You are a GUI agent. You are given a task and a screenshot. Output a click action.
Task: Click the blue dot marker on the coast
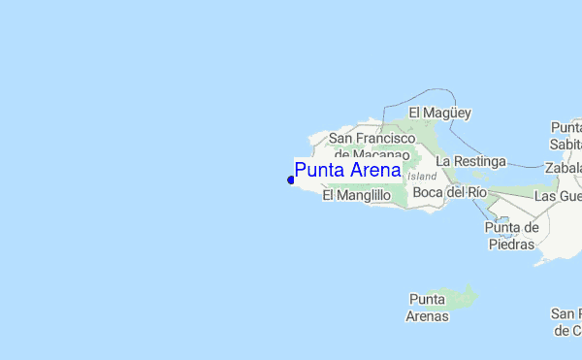[x=291, y=180]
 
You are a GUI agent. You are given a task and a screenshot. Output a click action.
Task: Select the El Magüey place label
[x=439, y=114]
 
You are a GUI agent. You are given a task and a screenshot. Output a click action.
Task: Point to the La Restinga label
[x=470, y=160]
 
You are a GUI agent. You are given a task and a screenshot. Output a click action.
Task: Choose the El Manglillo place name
[x=356, y=195]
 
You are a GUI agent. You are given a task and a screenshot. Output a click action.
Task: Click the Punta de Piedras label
[x=510, y=236]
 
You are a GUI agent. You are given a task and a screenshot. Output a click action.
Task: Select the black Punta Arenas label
[x=428, y=307]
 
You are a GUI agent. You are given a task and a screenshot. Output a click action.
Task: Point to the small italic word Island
[x=422, y=177]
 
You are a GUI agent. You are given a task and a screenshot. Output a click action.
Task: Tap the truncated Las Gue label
[x=558, y=196]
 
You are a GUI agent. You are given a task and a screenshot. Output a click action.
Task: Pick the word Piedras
[x=510, y=245]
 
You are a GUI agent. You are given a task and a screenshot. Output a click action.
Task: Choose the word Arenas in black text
[x=428, y=315]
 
